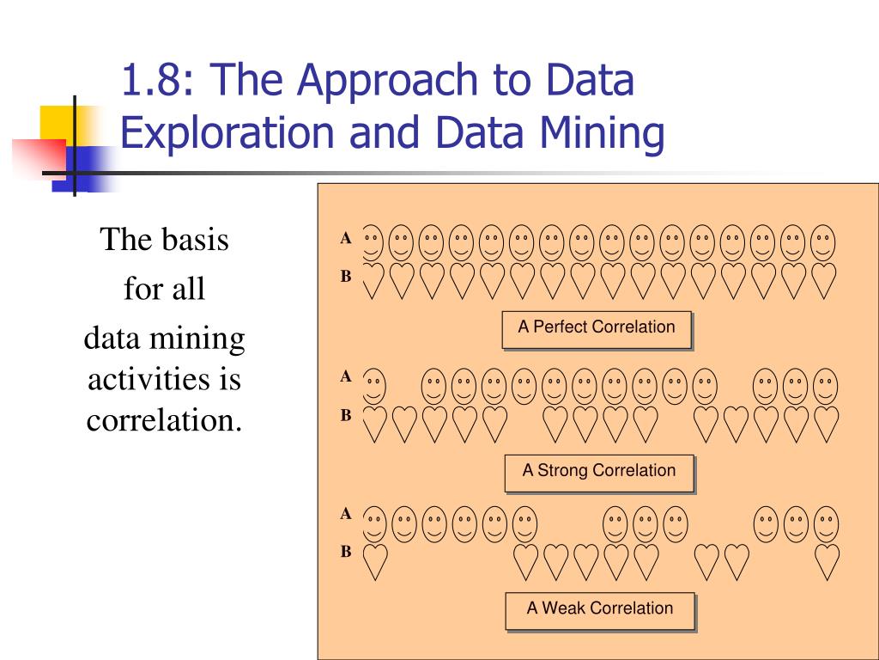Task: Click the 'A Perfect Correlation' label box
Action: (597, 327)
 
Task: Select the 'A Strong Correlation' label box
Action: (599, 471)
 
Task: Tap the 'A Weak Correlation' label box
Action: (600, 608)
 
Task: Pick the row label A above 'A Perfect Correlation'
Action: (346, 239)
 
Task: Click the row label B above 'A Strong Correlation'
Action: (346, 415)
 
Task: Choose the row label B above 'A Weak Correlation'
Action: (346, 552)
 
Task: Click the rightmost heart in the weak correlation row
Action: (826, 561)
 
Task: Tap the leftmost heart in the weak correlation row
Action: (373, 561)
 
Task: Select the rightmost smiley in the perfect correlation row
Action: (823, 242)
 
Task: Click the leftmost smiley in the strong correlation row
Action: (373, 386)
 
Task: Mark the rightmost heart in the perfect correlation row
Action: (823, 280)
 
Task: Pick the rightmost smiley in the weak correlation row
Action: (826, 522)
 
